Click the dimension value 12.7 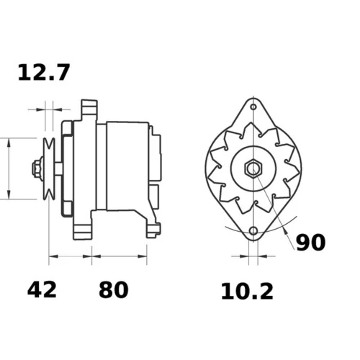coord(44,72)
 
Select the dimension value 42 coord(42,289)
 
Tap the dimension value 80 coord(113,289)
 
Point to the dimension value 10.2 coord(247,291)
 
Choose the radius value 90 coord(310,243)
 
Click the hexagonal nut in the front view coord(253,168)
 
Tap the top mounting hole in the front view coord(253,107)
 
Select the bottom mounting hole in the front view coord(253,231)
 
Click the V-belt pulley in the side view coord(49,168)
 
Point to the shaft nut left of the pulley coord(37,168)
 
